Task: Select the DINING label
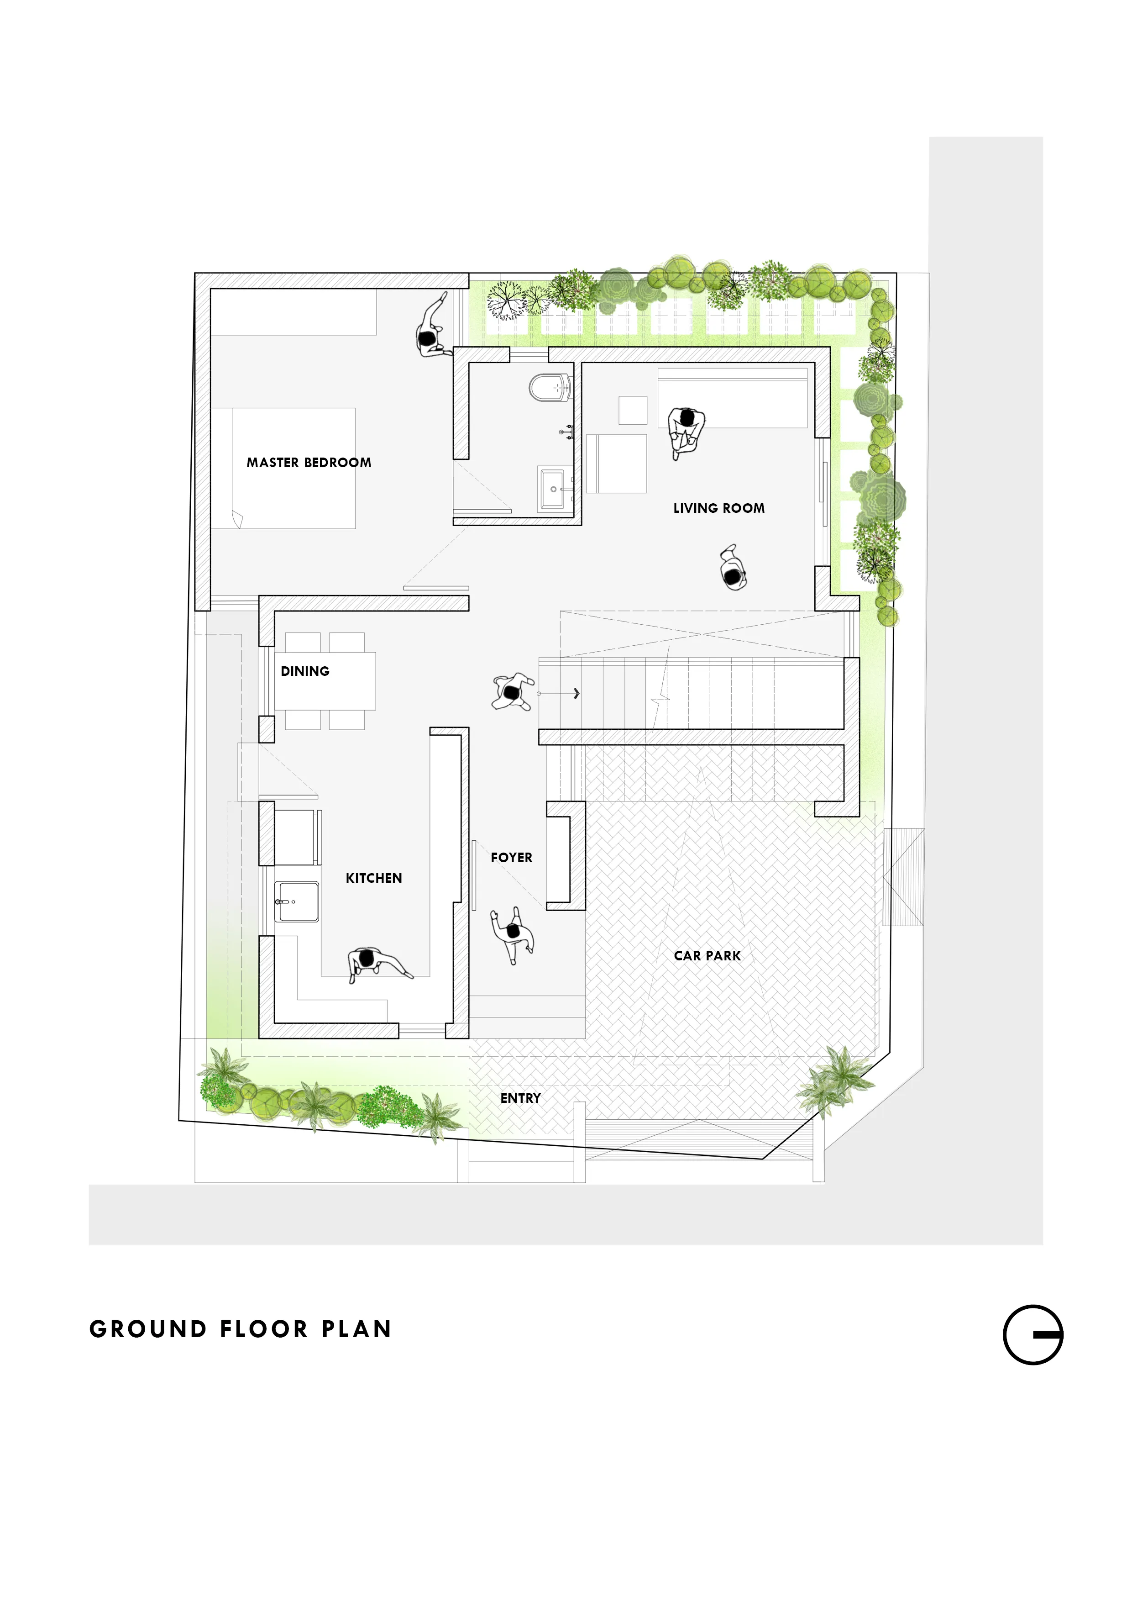point(305,671)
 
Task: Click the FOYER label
point(511,858)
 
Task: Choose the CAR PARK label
point(707,956)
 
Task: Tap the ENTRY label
point(520,1098)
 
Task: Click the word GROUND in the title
point(148,1329)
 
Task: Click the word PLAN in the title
point(356,1329)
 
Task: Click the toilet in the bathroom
point(550,388)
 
